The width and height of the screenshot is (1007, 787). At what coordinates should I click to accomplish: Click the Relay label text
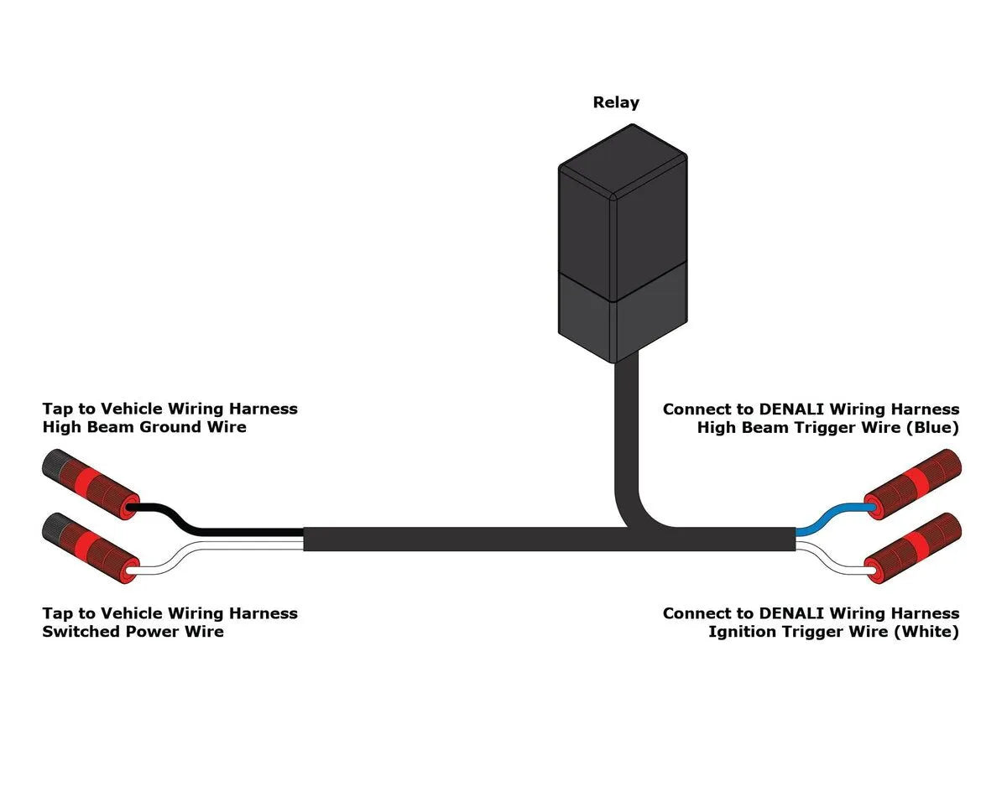tap(616, 102)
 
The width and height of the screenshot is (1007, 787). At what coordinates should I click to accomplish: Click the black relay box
tap(622, 243)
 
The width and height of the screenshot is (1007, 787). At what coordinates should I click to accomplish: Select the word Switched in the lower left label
tap(81, 632)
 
